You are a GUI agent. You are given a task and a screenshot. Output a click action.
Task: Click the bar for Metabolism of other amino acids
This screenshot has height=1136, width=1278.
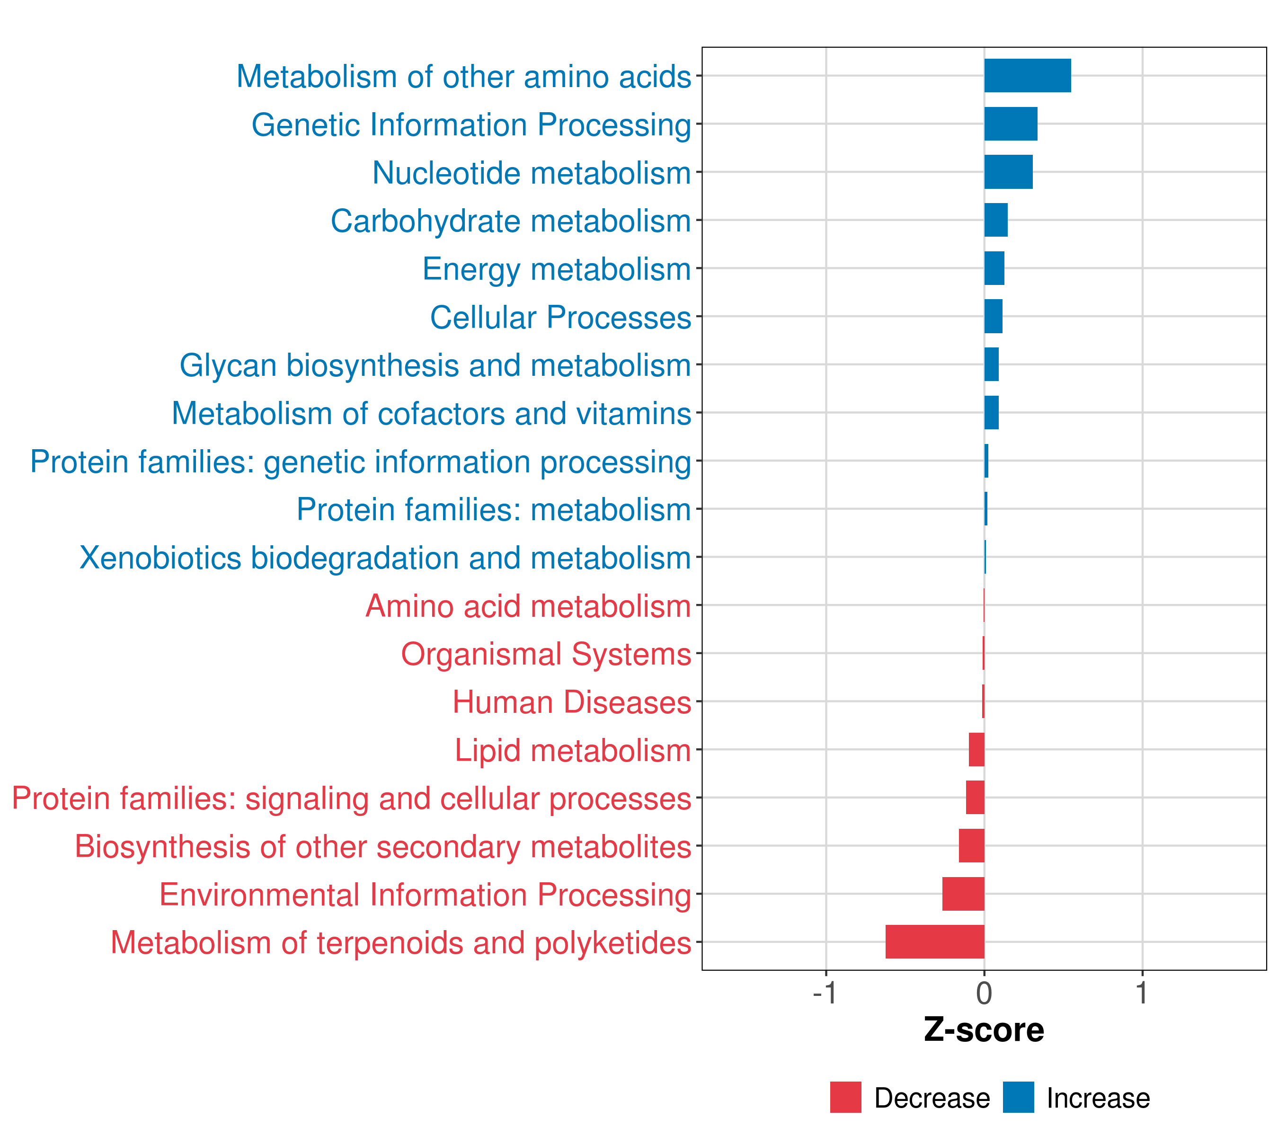[x=1027, y=76]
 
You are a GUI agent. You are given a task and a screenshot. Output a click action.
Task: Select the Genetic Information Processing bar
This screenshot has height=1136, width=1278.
[x=1011, y=124]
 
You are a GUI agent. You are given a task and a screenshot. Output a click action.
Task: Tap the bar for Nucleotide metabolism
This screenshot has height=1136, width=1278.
[x=1008, y=172]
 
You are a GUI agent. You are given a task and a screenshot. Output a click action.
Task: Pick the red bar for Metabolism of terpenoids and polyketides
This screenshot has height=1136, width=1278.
[x=935, y=941]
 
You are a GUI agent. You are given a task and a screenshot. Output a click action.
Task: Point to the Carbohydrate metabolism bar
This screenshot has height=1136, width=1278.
[x=995, y=220]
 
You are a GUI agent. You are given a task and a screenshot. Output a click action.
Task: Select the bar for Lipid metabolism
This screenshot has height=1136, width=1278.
[x=976, y=749]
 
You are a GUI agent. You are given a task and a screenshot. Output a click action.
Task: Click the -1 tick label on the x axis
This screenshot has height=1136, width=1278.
[x=825, y=993]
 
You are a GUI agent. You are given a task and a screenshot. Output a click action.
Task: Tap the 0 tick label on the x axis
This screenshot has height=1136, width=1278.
[x=984, y=993]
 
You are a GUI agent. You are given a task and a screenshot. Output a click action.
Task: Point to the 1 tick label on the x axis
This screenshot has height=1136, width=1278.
[x=1142, y=993]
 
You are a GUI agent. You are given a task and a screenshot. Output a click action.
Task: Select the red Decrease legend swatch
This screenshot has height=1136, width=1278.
[x=845, y=1097]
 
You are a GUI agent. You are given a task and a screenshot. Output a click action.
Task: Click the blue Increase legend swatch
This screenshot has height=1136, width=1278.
[x=1018, y=1097]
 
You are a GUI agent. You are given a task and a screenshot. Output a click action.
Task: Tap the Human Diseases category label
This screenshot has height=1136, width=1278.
[x=571, y=702]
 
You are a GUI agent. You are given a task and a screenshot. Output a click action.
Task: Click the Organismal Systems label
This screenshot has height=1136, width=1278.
[x=546, y=654]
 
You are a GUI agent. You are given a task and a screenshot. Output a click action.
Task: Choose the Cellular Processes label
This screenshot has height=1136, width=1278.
[x=560, y=317]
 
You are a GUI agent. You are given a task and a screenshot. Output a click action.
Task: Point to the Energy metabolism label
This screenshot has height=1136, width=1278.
[x=557, y=269]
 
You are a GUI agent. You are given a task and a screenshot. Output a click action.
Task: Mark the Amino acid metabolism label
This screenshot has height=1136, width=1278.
[x=528, y=606]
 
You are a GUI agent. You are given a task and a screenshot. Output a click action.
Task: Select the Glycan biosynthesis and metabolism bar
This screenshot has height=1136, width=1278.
[x=991, y=364]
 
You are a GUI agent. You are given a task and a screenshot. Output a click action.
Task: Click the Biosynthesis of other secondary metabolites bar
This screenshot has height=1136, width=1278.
[x=972, y=845]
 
